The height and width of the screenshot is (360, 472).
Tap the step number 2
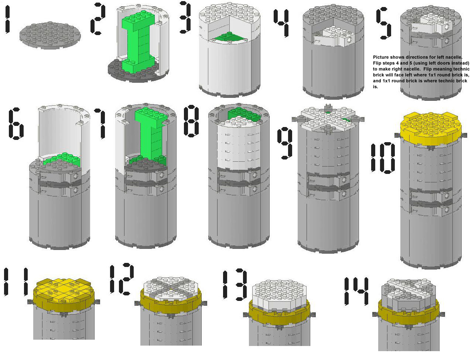[98, 18]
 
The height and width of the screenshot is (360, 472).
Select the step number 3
[186, 17]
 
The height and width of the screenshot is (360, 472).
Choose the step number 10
[383, 158]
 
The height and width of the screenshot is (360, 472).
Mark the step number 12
[122, 279]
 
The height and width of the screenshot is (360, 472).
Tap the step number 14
[356, 291]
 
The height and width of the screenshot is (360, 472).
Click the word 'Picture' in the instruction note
[381, 57]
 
